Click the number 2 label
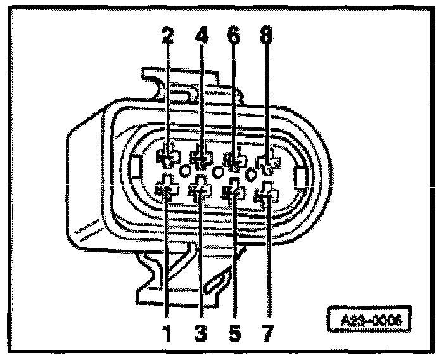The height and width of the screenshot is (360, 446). point(168,37)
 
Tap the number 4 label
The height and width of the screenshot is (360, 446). point(202,37)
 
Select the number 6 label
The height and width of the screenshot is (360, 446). point(234,37)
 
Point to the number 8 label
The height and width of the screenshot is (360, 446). point(267,37)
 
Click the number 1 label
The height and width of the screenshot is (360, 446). point(168,331)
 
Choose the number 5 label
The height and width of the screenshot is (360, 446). point(234,331)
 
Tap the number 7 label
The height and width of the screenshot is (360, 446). point(267,331)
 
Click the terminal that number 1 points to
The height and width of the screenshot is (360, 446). point(166,188)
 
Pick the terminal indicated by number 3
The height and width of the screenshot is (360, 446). point(201,190)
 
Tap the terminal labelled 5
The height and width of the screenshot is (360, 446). point(234,191)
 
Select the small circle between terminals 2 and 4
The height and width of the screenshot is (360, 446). point(185,170)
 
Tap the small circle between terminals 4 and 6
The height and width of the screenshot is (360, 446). point(219,171)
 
